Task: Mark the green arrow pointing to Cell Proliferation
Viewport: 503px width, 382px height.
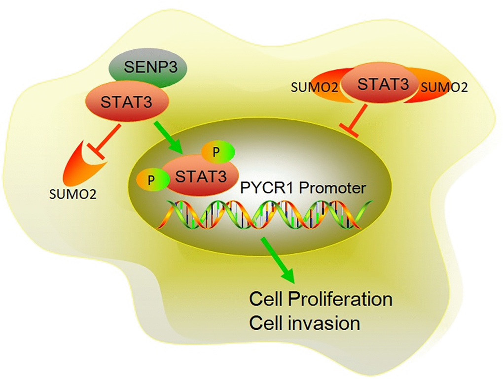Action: click(279, 261)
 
